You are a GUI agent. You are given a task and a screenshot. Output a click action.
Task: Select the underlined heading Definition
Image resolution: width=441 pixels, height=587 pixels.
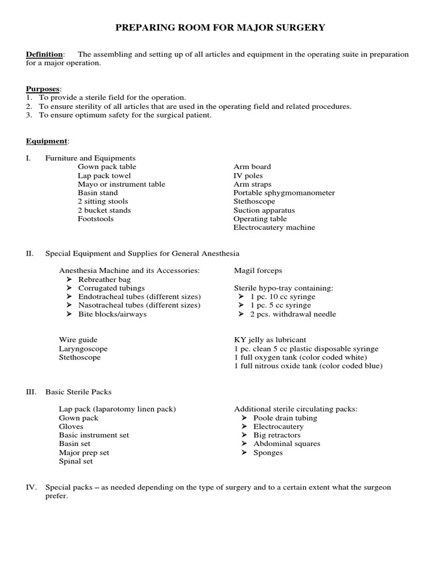[44, 54]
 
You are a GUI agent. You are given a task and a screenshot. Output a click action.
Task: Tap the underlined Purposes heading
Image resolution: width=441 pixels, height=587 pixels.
[42, 89]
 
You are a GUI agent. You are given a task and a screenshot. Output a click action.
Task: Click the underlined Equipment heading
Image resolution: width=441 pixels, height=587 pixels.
[47, 141]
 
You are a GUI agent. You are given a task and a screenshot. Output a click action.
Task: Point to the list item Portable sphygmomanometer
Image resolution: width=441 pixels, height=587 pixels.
[284, 193]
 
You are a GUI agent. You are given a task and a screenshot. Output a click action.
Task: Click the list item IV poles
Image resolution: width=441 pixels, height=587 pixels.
[248, 175]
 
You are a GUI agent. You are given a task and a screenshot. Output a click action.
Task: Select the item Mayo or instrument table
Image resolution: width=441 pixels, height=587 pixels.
[121, 184]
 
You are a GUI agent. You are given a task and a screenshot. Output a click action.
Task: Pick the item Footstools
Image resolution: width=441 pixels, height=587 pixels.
[96, 219]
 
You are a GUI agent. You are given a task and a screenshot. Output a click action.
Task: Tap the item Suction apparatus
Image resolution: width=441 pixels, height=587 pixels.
[264, 210]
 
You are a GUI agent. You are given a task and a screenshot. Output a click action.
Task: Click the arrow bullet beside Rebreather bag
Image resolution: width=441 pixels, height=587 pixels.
[69, 280]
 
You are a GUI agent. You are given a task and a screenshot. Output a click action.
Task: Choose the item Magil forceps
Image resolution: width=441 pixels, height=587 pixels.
[258, 271]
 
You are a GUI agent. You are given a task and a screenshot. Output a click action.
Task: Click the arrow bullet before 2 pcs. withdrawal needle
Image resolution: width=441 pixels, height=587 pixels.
[242, 315]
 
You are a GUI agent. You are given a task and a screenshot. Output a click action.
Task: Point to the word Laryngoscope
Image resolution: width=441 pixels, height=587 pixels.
[83, 349]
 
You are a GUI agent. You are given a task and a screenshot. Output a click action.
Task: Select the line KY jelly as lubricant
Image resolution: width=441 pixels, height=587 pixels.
[270, 340]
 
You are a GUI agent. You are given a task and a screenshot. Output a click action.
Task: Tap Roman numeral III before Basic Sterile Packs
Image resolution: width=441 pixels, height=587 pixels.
[32, 392]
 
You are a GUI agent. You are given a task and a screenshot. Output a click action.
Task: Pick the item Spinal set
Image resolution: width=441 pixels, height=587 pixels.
[76, 461]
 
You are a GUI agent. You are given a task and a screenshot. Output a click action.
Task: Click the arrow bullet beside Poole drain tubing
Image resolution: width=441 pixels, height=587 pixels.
[243, 418]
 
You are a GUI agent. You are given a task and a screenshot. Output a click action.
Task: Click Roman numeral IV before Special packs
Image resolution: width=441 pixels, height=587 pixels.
[32, 487]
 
